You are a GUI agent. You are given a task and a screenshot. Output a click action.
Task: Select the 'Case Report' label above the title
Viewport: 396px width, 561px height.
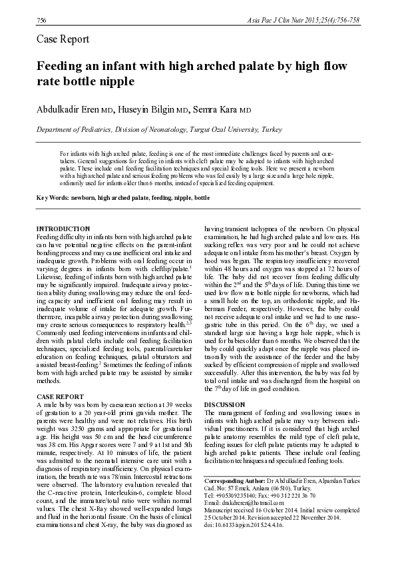62,39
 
